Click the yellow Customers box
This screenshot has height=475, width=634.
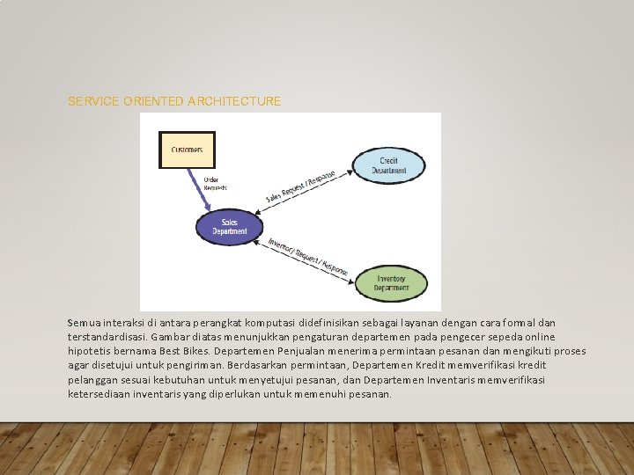click(186, 150)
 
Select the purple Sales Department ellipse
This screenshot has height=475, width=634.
click(229, 227)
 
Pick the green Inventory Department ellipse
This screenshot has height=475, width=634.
click(391, 282)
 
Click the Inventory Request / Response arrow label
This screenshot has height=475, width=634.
click(308, 255)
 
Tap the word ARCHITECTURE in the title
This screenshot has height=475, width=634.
click(234, 102)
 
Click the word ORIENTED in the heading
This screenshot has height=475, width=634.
click(154, 102)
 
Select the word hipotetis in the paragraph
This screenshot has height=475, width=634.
click(91, 352)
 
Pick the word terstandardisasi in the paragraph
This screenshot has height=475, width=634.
click(107, 338)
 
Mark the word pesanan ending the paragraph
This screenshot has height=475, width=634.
click(371, 394)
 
